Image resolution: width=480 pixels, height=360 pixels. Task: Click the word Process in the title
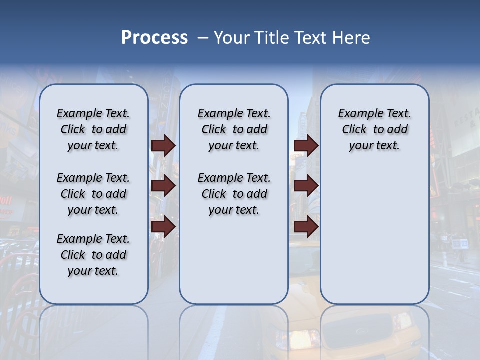[x=154, y=38]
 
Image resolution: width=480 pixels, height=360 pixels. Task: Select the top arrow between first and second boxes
[x=163, y=145]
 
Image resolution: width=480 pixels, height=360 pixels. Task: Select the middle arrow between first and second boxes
[x=163, y=186]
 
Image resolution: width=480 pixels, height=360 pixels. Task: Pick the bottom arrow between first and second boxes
[x=163, y=227]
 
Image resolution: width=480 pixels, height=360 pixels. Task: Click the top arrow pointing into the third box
[x=306, y=145]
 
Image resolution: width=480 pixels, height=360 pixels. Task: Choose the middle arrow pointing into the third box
[x=306, y=186]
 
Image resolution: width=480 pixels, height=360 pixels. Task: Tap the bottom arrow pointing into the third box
[x=306, y=227]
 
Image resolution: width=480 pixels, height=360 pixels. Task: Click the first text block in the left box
[x=93, y=129]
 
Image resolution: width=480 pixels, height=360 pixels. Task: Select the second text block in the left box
[x=93, y=194]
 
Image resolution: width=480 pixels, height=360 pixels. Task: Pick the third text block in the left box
[x=93, y=255]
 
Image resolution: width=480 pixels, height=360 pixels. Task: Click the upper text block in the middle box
[x=234, y=129]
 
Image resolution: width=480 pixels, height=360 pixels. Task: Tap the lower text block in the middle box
[x=234, y=194]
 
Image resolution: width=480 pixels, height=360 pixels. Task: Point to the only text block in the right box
[x=374, y=129]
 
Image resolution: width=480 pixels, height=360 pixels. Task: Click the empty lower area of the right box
[x=374, y=235]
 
